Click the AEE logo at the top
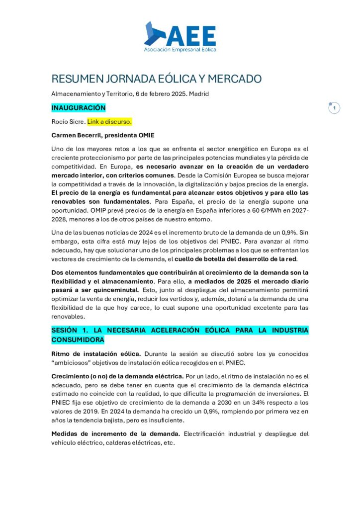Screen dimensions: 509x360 [180, 37]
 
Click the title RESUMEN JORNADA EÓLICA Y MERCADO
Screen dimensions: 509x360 [156, 79]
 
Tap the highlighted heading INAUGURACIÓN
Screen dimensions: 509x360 [79, 107]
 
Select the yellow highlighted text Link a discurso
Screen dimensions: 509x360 [109, 121]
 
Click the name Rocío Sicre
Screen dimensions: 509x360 [68, 121]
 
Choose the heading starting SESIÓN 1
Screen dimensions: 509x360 [180, 335]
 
